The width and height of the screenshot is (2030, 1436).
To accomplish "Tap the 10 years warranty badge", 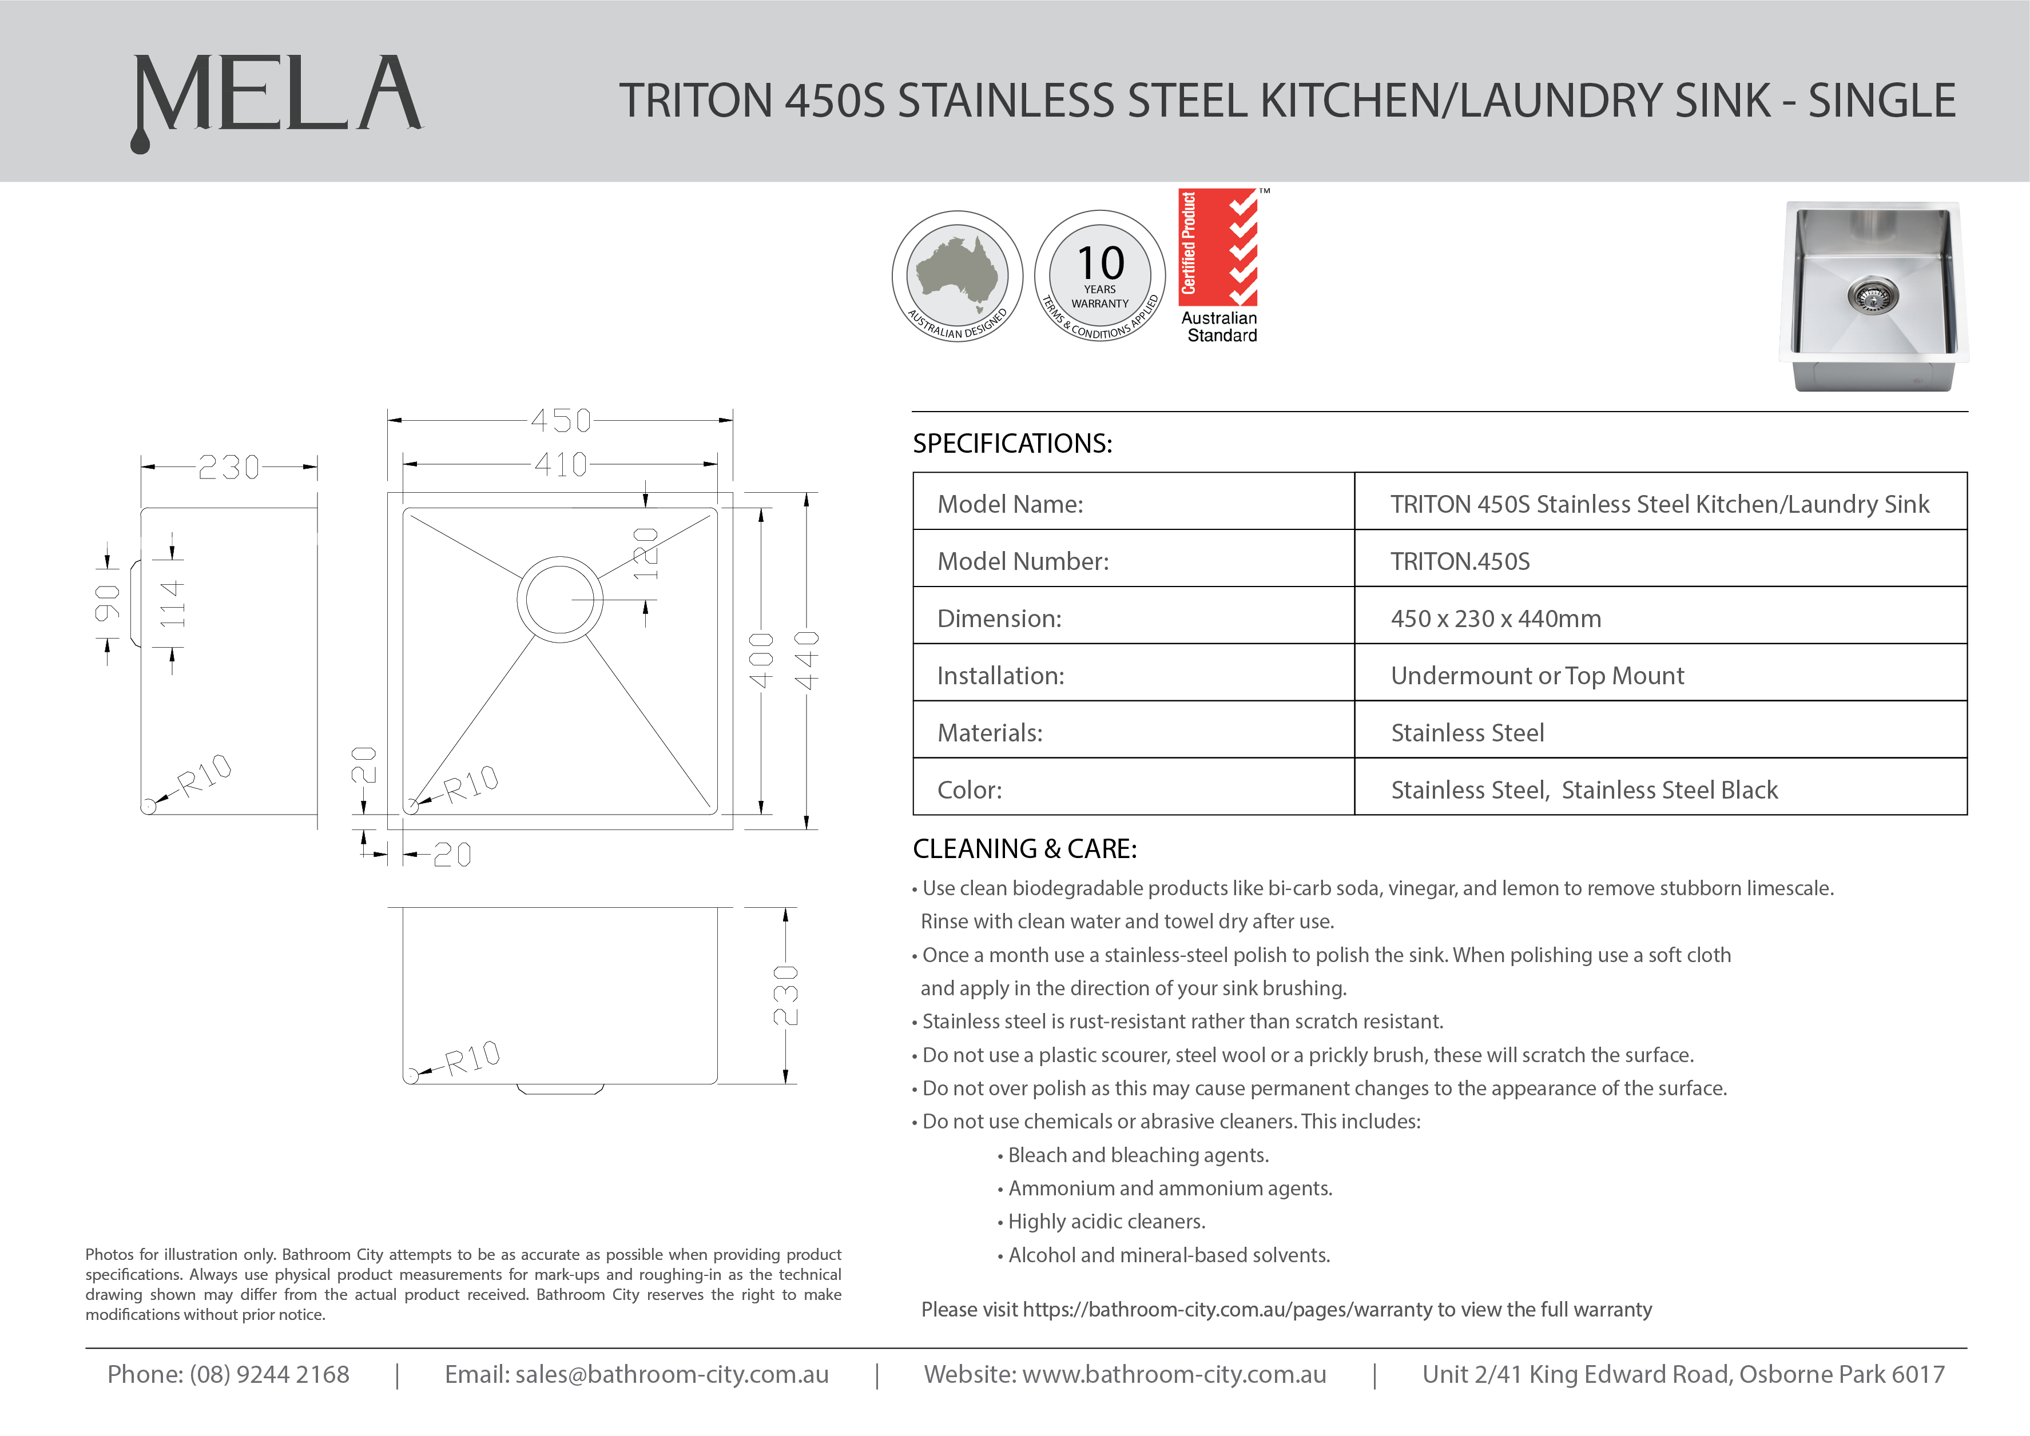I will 1099,275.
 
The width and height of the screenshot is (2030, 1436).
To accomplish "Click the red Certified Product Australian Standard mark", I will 1219,265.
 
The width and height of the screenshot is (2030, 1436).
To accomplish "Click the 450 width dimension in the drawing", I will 561,420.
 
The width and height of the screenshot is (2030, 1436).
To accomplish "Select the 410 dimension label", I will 561,464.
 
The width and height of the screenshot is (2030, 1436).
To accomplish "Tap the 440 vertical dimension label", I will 807,660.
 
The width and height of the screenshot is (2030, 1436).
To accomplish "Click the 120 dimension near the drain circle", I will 646,553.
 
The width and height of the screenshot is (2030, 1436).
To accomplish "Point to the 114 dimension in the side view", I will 173,604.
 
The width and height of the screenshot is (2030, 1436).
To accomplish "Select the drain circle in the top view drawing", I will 560,599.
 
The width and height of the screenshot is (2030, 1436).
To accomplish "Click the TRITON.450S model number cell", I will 1460,561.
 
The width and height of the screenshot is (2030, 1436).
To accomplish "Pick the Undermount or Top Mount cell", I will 1538,676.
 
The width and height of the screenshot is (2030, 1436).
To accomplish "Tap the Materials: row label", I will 990,733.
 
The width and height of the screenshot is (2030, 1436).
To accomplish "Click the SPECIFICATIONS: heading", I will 1012,443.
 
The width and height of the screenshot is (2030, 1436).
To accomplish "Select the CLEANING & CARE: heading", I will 1024,849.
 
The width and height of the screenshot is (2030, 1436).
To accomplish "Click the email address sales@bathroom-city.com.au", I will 672,1374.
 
